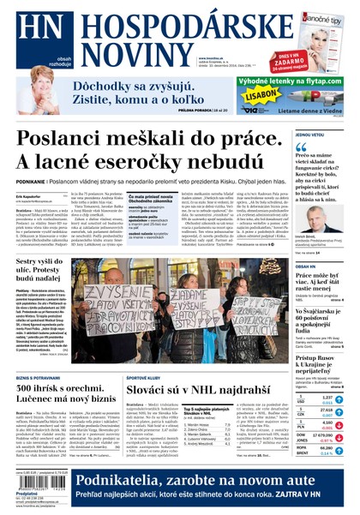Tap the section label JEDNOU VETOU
coord(310,135)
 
